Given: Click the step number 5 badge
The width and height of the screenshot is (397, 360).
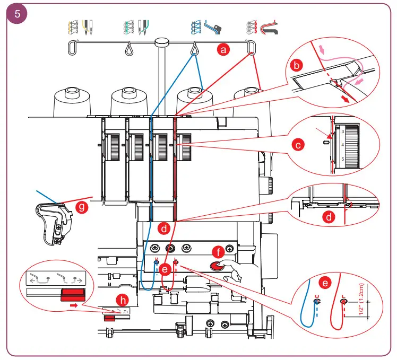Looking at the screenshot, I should tap(18, 14).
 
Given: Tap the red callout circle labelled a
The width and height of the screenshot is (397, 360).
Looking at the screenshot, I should tap(223, 50).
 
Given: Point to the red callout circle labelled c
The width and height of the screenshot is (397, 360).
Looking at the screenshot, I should tap(299, 144).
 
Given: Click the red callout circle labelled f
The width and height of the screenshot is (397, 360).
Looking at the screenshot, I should tap(217, 252).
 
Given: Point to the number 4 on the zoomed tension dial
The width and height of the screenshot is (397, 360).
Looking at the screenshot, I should tap(342, 144).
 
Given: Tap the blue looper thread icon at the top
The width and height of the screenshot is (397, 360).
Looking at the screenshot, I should tap(205, 26).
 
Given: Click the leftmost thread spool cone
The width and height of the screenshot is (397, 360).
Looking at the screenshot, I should tap(71, 101).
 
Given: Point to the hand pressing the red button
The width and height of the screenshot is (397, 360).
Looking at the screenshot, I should tap(239, 273).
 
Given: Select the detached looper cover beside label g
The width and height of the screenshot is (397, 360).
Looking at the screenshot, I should tap(56, 223).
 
